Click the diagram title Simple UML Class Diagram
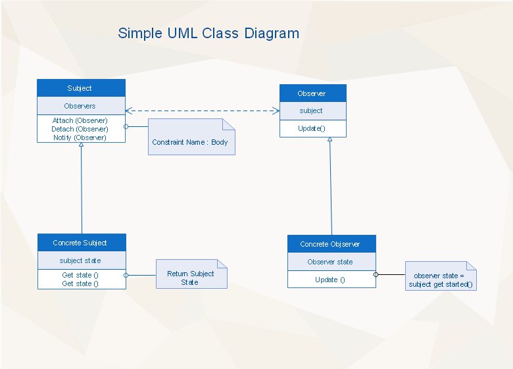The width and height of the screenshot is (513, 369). tap(208, 34)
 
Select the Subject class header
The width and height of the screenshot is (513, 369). tap(81, 88)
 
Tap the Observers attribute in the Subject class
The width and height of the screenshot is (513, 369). tap(80, 106)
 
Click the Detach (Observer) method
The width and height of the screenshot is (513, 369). tap(80, 129)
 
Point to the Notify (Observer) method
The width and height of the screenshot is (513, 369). tap(80, 137)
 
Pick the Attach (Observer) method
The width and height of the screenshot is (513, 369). tap(80, 121)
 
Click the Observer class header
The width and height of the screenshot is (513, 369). tap(313, 93)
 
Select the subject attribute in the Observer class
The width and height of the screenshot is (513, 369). tap(311, 111)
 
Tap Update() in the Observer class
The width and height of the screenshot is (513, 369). tap(312, 128)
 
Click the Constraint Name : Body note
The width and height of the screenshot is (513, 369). tap(191, 137)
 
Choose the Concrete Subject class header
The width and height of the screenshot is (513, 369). tap(82, 243)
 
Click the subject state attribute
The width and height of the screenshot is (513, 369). tap(80, 260)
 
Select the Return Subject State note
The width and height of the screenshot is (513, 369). tap(191, 274)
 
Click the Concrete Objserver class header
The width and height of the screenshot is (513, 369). tap(331, 244)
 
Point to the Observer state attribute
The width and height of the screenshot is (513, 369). tap(330, 262)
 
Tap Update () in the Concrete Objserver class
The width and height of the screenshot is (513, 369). tap(330, 280)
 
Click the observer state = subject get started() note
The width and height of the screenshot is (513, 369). tap(441, 276)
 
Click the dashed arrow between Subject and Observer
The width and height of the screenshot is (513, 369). tap(203, 111)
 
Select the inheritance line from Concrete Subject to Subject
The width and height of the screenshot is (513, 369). tap(82, 188)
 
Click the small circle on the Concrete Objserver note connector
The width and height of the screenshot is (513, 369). tap(376, 275)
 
